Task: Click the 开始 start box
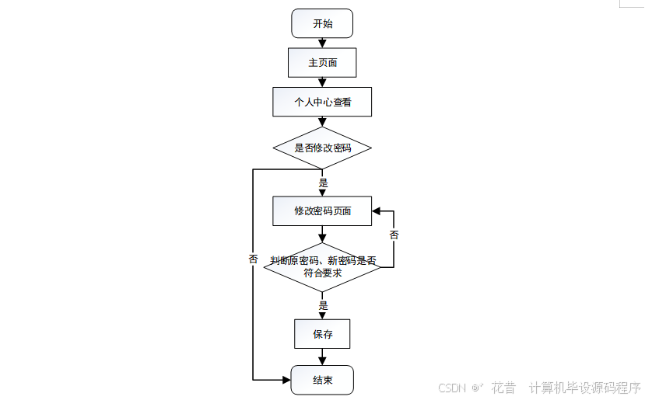click(322, 23)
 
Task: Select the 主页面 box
click(322, 63)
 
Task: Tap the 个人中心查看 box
click(322, 102)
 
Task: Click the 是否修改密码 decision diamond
click(322, 148)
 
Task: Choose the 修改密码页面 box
click(322, 210)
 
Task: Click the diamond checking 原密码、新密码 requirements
click(322, 266)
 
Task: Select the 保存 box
click(322, 334)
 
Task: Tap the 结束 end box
click(322, 380)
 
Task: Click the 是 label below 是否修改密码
click(324, 183)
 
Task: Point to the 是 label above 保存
click(324, 305)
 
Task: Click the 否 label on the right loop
click(394, 235)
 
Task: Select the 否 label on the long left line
click(254, 259)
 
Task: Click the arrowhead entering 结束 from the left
click(286, 380)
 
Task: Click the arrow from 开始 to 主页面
click(322, 43)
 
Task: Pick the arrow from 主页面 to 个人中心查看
click(322, 82)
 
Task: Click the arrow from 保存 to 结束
click(322, 357)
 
